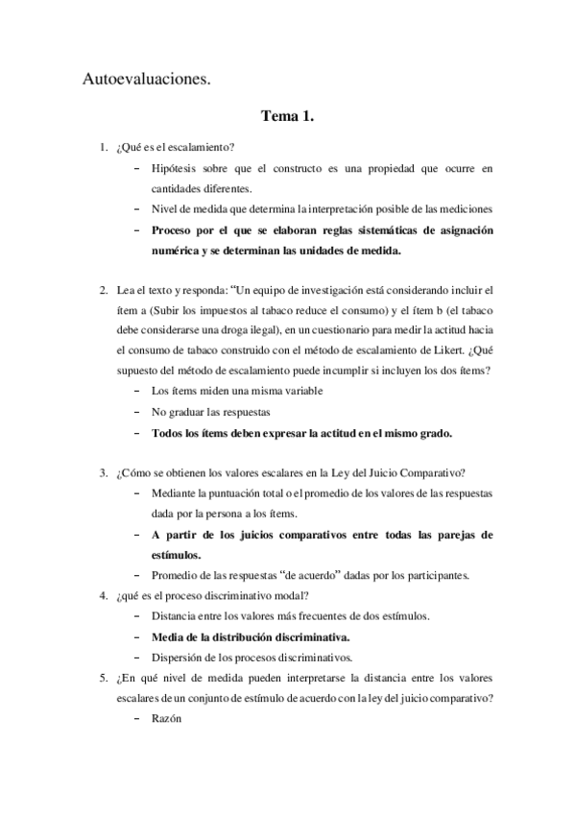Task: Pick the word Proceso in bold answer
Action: pyautogui.click(x=177, y=230)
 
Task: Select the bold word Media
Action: pyautogui.click(x=170, y=637)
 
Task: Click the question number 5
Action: pyautogui.click(x=103, y=679)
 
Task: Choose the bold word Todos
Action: pyautogui.click(x=171, y=432)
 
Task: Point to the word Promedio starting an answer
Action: pyautogui.click(x=177, y=576)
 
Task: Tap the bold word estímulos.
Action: pyautogui.click(x=176, y=555)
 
